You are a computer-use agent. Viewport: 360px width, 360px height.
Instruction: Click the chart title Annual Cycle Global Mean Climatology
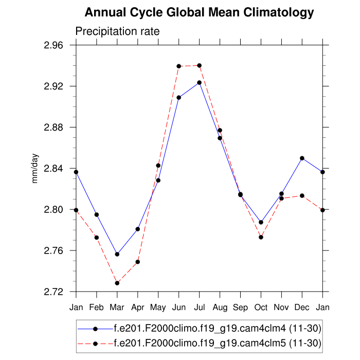(x=199, y=12)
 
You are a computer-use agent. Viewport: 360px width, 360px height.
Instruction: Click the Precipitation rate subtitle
(x=117, y=31)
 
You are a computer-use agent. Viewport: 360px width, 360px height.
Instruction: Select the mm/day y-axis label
(x=35, y=169)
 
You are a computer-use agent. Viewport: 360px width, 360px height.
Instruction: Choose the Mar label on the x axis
(x=117, y=307)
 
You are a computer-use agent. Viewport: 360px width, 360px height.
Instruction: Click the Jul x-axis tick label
(x=200, y=307)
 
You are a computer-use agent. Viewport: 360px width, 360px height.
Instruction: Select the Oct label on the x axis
(x=261, y=307)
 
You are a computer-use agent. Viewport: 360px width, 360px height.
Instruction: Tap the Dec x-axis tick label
(x=302, y=307)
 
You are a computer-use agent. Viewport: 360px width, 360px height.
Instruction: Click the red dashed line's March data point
(x=117, y=283)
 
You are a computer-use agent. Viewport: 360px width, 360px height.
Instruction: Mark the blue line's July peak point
(x=200, y=82)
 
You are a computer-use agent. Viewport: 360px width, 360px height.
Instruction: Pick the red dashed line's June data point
(x=179, y=66)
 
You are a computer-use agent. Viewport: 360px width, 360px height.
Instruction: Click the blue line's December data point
(x=302, y=158)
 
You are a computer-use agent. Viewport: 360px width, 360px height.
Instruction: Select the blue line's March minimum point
(x=117, y=254)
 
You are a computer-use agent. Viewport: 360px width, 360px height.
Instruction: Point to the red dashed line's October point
(x=261, y=237)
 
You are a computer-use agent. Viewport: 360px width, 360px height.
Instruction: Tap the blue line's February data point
(x=97, y=214)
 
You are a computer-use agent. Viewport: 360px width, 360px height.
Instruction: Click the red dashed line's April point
(x=138, y=262)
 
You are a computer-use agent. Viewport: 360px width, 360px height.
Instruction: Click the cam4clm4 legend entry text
(x=217, y=328)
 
